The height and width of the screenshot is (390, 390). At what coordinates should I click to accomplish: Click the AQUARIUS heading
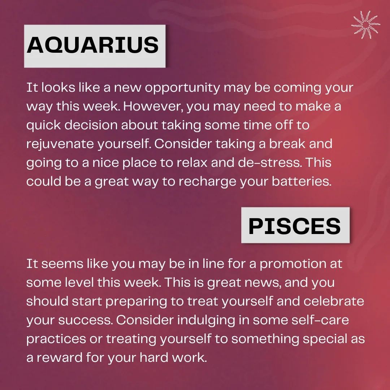tap(92, 45)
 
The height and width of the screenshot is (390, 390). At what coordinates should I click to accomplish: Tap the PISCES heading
tap(295, 226)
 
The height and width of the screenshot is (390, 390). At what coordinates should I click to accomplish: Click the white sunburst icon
tap(365, 25)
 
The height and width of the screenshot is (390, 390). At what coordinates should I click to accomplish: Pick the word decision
tap(91, 125)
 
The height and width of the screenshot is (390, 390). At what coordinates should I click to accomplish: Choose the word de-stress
tap(270, 162)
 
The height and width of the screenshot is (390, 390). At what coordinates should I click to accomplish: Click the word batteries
tap(302, 181)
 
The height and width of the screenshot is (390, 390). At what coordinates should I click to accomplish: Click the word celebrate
tap(334, 301)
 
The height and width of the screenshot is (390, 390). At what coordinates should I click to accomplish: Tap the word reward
tap(60, 357)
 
